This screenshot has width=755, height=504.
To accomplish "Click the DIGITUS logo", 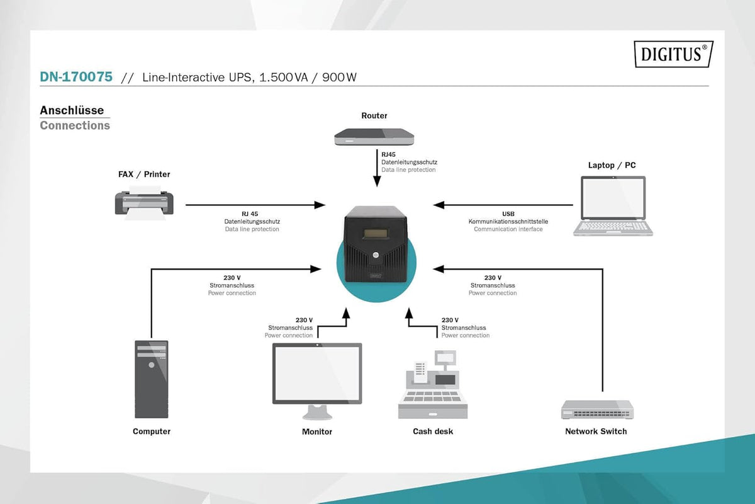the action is [x=673, y=54].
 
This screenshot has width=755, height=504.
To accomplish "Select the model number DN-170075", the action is [x=76, y=77].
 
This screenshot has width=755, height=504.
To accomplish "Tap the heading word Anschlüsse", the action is [x=72, y=110].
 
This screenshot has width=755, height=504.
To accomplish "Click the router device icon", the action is [x=374, y=137].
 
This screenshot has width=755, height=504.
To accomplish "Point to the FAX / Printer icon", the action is [x=144, y=203].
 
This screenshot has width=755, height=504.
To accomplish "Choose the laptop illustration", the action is [x=613, y=206].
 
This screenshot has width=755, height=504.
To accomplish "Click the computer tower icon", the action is [x=152, y=379].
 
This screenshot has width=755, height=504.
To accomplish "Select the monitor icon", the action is [x=317, y=381].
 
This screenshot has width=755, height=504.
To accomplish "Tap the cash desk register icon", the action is [x=433, y=384].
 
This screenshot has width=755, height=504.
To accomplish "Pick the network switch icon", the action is [x=597, y=409].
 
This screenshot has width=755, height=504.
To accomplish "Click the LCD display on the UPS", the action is [x=375, y=234].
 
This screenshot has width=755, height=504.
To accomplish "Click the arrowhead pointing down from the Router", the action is [x=377, y=181].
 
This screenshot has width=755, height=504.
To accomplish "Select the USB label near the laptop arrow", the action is [x=508, y=214].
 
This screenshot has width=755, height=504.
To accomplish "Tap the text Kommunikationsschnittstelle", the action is [x=508, y=222].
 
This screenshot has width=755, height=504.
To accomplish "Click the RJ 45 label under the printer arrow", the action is [x=250, y=214].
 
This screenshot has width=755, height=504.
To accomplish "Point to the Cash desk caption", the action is [x=433, y=431].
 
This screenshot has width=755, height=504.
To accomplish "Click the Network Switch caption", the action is [x=596, y=431].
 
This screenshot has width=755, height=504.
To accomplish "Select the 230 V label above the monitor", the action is [x=304, y=320].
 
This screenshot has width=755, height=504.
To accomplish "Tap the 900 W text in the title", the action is [x=339, y=77].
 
